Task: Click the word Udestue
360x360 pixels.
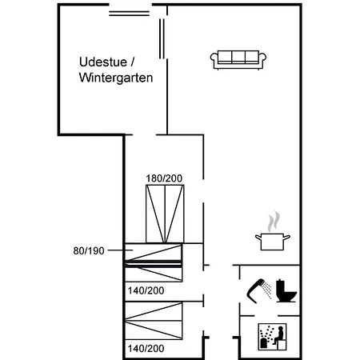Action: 103,62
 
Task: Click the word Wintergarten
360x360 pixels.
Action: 116,78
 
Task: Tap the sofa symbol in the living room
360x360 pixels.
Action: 238,60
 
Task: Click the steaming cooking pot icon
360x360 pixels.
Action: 273,231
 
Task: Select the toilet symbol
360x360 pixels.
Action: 286,290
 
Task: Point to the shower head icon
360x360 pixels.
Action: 255,290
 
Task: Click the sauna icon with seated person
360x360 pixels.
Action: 272,337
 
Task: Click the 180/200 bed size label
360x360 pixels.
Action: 164,178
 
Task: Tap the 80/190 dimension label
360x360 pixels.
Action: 89,251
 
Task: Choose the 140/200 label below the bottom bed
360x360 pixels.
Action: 146,349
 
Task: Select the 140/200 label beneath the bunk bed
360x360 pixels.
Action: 146,290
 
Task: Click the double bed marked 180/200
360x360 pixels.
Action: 165,214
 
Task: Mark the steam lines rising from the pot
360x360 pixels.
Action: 274,222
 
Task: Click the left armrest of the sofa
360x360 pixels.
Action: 214,58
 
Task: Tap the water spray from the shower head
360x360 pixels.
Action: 266,290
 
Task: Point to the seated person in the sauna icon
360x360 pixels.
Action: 279,336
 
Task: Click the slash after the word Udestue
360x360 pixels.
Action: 133,62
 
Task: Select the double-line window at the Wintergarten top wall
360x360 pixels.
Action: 129,14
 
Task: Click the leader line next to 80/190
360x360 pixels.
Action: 120,250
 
